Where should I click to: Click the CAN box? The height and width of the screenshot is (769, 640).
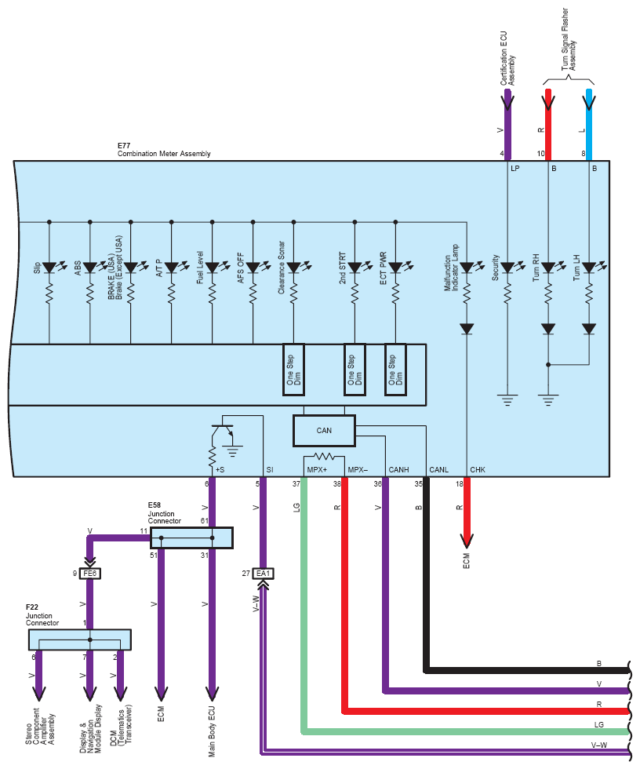coord(324,431)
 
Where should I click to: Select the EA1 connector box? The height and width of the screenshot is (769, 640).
coord(264,574)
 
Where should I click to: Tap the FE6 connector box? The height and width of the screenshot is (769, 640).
coord(89,574)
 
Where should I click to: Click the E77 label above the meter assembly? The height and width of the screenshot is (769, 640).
coord(124,146)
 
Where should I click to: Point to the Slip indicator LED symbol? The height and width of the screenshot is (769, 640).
coord(49,268)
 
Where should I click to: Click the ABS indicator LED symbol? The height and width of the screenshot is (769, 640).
coord(90,268)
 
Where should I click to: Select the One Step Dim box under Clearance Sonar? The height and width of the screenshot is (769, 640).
coord(293,370)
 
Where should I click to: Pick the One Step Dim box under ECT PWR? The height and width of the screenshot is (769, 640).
coord(395,370)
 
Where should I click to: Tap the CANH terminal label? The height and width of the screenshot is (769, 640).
coord(398,470)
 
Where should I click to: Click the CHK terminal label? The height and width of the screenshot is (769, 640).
coord(478,470)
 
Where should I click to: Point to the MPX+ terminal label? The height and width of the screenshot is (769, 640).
coord(317,470)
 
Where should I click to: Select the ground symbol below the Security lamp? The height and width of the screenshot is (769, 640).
coord(507,400)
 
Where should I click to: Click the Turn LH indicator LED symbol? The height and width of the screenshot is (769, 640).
coord(589,268)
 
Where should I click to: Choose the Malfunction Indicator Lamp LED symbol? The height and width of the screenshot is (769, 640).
coord(467,268)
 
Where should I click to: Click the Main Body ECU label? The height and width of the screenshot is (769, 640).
coord(212,731)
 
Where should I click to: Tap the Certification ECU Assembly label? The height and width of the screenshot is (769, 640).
coord(507,59)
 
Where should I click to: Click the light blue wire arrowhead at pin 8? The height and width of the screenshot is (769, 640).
coord(589,102)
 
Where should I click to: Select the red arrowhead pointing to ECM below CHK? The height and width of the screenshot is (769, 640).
coord(467,541)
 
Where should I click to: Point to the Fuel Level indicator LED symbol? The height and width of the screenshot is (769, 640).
coord(213,268)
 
